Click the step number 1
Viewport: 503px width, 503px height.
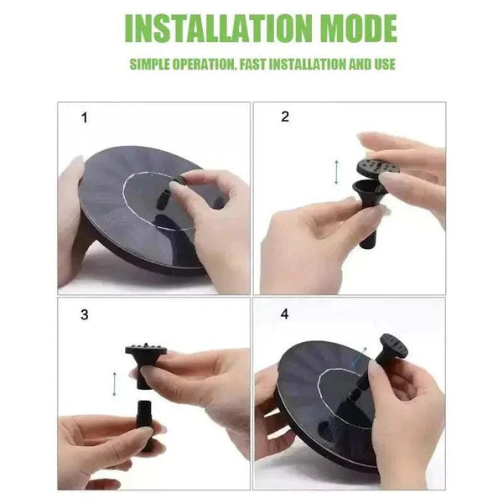pyautogui.click(x=84, y=118)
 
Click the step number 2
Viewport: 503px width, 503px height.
pyautogui.click(x=284, y=117)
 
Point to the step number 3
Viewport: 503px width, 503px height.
pyautogui.click(x=84, y=315)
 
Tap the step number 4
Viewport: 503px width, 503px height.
pyautogui.click(x=284, y=315)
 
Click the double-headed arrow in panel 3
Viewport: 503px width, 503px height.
pyautogui.click(x=115, y=382)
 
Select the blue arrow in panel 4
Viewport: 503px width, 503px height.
pyautogui.click(x=360, y=358)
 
